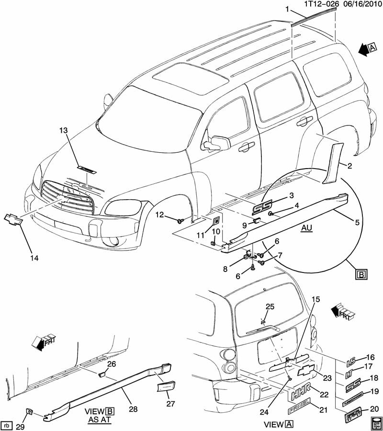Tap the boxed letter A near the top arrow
(373, 47)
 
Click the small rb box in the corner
(7, 425)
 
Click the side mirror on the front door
(219, 142)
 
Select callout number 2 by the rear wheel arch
(349, 167)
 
